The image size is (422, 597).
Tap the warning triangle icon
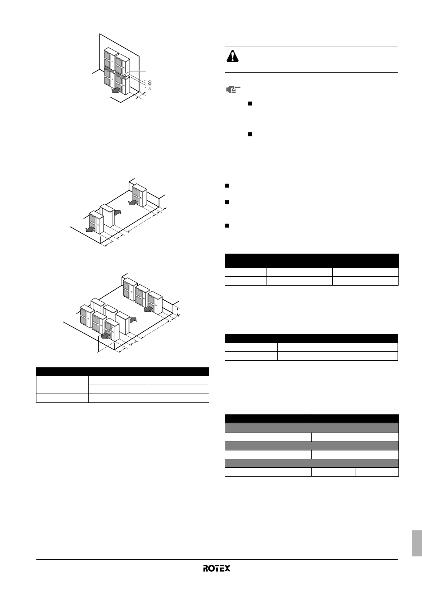[x=232, y=56]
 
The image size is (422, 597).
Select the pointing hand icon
[x=233, y=90]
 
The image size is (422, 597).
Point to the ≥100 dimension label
[x=150, y=85]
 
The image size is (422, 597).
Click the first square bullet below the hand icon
[x=250, y=103]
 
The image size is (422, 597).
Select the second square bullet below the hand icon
[x=250, y=134]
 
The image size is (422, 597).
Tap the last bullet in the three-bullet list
[x=227, y=226]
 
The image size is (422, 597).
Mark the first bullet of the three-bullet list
[x=227, y=186]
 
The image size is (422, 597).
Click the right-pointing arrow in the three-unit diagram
[x=117, y=212]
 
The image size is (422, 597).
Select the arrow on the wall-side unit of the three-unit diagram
[x=133, y=203]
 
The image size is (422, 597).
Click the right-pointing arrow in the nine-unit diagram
[x=132, y=319]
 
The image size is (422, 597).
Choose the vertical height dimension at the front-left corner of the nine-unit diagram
[x=99, y=344]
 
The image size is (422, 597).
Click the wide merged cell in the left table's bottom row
[x=148, y=398]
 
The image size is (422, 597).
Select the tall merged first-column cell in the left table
[x=62, y=385]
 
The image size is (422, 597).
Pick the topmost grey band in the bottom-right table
[x=312, y=428]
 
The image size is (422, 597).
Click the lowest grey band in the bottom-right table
[x=312, y=463]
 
